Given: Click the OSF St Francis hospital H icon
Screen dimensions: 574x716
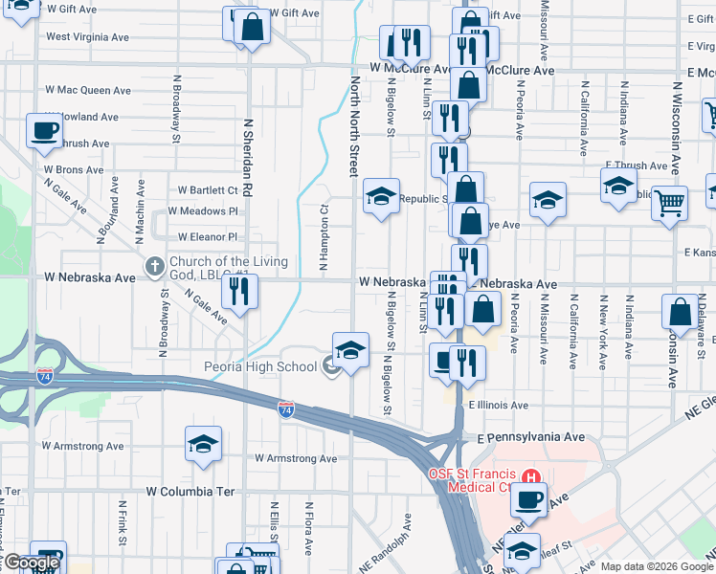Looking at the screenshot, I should tap(532, 475).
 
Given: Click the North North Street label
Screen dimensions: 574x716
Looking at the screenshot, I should tap(352, 127).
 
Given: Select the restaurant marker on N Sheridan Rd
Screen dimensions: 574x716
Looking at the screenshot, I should tap(239, 290).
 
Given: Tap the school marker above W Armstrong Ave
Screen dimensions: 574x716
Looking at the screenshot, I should tap(203, 443).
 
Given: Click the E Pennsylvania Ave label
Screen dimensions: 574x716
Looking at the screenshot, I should tap(530, 436).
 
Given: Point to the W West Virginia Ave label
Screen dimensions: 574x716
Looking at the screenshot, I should tap(87, 37).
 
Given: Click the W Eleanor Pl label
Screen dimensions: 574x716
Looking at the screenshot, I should tap(207, 236).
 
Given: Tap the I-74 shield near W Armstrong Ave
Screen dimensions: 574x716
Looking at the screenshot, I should tap(286, 408).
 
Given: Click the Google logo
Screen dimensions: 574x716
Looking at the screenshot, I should tap(32, 563).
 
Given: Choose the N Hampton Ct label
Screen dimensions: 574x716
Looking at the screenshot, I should tap(324, 221).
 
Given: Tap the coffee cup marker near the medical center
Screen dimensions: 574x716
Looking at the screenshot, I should tap(527, 497).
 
